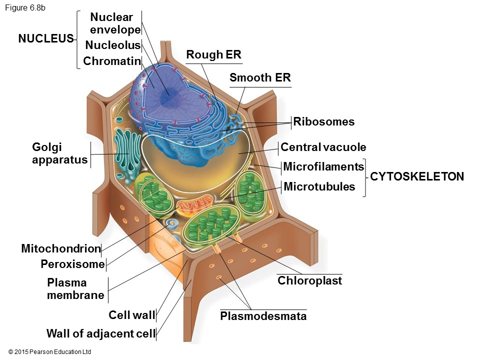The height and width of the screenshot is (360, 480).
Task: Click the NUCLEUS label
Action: [x=46, y=38]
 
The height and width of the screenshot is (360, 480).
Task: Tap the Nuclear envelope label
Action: [x=115, y=23]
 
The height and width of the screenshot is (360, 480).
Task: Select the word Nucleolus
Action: [x=112, y=45]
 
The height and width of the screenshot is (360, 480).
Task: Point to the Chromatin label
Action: [x=111, y=61]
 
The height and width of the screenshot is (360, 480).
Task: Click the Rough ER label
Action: [x=213, y=55]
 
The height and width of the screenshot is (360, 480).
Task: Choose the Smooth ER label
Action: [x=260, y=77]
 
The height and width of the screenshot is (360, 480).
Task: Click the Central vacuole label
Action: [x=323, y=147]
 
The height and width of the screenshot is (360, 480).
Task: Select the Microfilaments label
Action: [x=323, y=166]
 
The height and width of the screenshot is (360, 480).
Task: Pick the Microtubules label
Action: [x=319, y=186]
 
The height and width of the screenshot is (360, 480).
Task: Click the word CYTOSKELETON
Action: [x=417, y=176]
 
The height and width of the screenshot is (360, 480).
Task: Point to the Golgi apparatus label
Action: [x=59, y=153]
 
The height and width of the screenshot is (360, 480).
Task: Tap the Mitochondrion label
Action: [x=61, y=248]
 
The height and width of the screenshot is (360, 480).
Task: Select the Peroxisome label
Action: [x=72, y=264]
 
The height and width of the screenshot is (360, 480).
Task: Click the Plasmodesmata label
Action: [x=263, y=316]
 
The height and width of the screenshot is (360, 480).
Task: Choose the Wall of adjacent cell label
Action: [x=100, y=333]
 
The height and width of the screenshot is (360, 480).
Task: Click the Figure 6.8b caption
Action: [x=25, y=8]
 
